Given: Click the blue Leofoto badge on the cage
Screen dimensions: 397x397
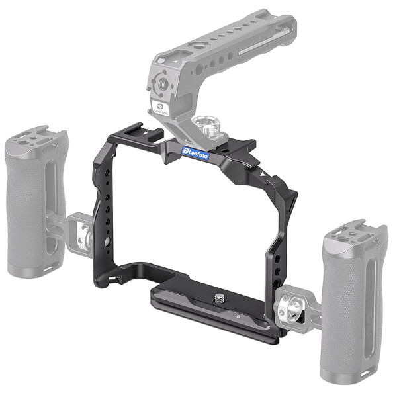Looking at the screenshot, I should pyautogui.click(x=196, y=154).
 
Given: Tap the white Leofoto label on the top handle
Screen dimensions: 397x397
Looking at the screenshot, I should pyautogui.click(x=159, y=109).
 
